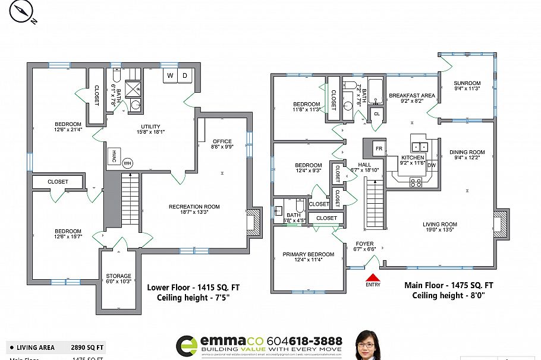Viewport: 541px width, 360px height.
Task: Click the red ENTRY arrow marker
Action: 373,277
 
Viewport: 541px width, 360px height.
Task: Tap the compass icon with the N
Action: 23,12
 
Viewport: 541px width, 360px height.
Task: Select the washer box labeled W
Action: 170,75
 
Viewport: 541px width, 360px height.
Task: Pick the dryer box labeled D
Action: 185,75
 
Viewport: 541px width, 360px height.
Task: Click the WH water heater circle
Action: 127,163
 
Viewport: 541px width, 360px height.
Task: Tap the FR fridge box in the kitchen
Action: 378,147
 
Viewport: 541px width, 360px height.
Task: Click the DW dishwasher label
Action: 432,165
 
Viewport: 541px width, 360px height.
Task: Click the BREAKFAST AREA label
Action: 412,95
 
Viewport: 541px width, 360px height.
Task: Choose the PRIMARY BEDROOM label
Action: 308,254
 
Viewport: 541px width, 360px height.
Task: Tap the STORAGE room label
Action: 118,276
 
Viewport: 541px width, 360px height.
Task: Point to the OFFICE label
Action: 222,141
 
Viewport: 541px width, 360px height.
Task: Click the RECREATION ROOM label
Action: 194,207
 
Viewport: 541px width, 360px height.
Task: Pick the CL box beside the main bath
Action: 376,113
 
